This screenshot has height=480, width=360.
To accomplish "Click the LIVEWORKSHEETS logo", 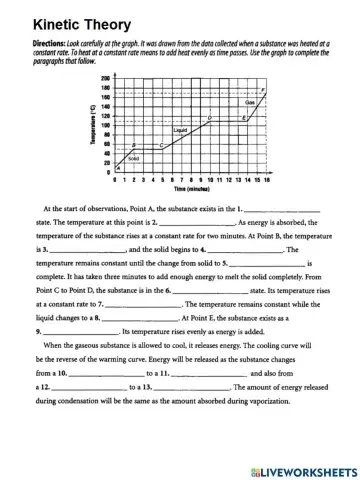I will tap(299, 468).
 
